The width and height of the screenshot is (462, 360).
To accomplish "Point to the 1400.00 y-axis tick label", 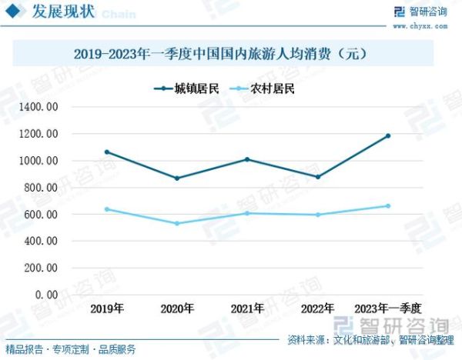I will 38,107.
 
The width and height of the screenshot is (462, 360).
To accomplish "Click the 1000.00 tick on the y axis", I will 38,161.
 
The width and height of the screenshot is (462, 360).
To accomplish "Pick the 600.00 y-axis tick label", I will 40,215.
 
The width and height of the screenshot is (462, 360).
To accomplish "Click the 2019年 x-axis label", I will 106,308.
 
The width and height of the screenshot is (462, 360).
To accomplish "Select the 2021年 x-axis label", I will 247,308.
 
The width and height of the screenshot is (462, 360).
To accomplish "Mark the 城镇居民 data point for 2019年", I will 106,152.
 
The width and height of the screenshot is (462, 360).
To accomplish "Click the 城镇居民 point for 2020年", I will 177,178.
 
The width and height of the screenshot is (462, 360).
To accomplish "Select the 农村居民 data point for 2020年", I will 177,224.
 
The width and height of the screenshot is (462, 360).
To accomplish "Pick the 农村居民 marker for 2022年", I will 318,215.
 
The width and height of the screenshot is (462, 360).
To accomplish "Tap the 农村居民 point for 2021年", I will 247,213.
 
